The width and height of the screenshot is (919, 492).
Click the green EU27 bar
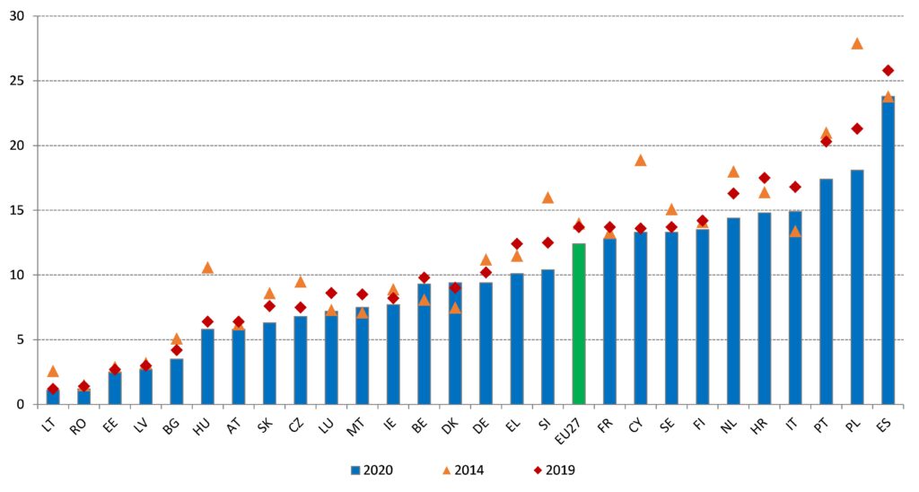tap(579, 324)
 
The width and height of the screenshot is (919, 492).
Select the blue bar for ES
tap(888, 250)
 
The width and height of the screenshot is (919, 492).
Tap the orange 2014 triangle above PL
tap(857, 44)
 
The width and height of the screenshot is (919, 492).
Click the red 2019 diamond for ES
tap(888, 70)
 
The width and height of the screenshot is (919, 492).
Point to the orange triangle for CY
tap(641, 160)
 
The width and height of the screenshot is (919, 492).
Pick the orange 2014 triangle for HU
tap(207, 268)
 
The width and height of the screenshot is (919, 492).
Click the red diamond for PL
tap(857, 128)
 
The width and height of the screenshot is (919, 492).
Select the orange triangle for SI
tap(548, 198)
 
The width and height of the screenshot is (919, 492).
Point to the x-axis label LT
tap(49, 426)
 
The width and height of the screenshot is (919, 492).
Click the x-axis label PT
tap(822, 426)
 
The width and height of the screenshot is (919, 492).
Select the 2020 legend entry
tap(372, 470)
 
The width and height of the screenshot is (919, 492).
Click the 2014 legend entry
tap(463, 470)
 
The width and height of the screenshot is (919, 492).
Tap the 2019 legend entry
tap(554, 470)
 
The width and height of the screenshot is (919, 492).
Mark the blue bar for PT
tap(826, 292)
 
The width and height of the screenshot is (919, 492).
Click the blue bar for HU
tap(207, 366)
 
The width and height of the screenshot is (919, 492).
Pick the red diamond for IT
tap(795, 187)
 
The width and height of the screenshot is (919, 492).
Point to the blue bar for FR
tap(609, 321)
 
